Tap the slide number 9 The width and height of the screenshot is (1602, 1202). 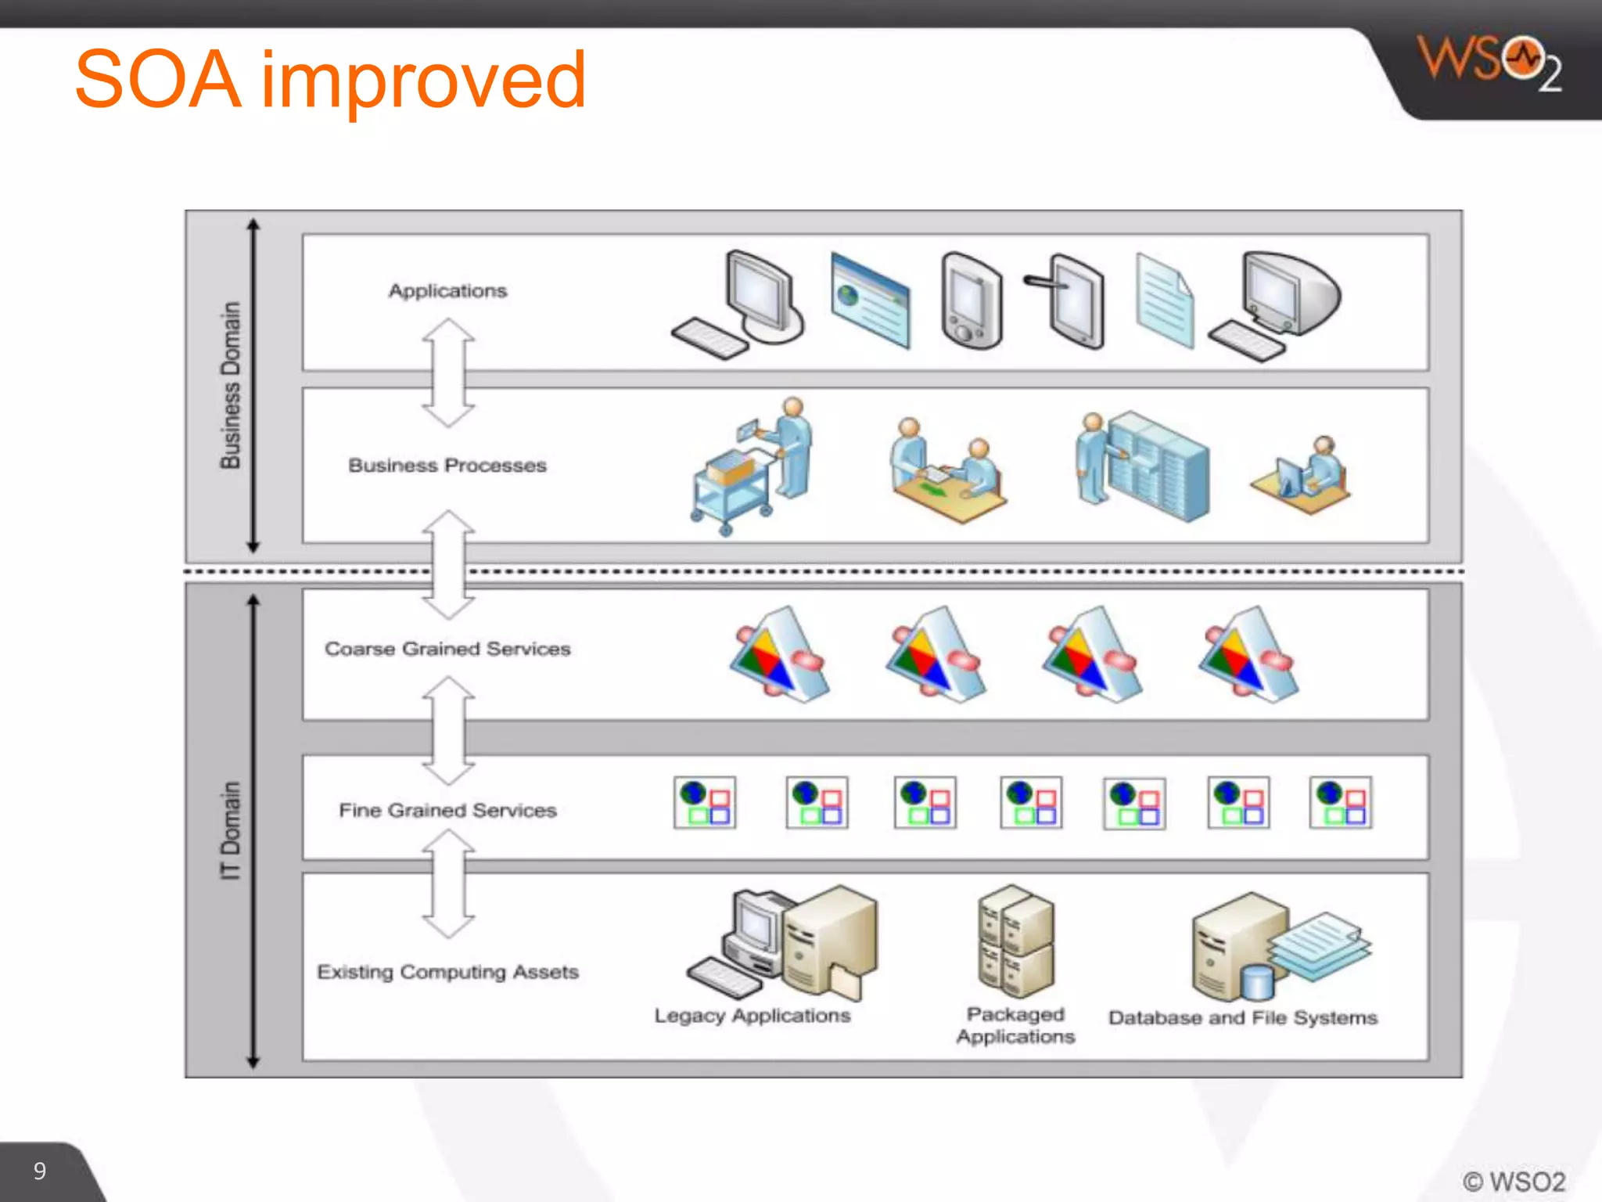(40, 1171)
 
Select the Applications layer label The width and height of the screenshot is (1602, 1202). (447, 291)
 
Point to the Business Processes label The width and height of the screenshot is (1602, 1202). (447, 466)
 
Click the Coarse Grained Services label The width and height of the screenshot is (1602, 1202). (447, 649)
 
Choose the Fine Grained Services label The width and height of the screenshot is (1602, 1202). (447, 810)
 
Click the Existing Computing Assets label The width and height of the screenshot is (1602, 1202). (447, 972)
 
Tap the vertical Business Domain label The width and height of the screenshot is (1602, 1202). (230, 385)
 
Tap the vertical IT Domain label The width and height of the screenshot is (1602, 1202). (230, 830)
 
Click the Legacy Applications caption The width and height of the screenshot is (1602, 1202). (752, 1016)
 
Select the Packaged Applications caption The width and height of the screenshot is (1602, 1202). (1015, 1025)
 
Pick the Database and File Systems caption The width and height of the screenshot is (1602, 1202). (1242, 1018)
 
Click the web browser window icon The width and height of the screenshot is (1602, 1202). (870, 300)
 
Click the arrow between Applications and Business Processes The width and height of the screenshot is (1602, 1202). (448, 372)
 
